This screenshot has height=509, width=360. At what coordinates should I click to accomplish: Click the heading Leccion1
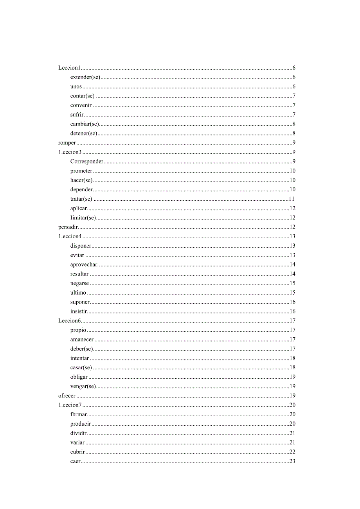coord(69,68)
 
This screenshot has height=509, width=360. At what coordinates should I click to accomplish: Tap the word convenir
coord(81,105)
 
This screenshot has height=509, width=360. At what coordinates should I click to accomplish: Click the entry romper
coord(67,143)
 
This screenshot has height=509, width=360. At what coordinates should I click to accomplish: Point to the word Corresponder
coord(87,162)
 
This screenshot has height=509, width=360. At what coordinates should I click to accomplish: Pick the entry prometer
coord(81,171)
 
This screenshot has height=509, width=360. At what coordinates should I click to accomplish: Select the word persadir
coord(68,227)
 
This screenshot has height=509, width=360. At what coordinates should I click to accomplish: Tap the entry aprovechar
coord(84,264)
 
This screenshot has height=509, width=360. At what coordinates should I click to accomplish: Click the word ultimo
coord(78,293)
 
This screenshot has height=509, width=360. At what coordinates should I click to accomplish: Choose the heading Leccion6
coord(69,321)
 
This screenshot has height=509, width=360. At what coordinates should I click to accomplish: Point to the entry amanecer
coord(82,340)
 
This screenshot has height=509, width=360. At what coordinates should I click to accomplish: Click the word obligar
coord(79,377)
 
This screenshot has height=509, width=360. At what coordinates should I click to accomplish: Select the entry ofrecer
coord(67,396)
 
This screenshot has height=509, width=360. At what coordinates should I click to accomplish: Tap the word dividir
coord(78,433)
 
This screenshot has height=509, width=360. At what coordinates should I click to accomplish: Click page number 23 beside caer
coord(292,461)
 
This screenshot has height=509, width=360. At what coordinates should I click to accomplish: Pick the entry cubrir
coord(77,452)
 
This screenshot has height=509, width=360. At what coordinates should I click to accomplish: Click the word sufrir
coord(77,115)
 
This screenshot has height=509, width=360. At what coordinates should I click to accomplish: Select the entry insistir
coord(79,311)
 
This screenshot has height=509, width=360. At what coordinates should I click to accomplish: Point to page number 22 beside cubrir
coord(292,452)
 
